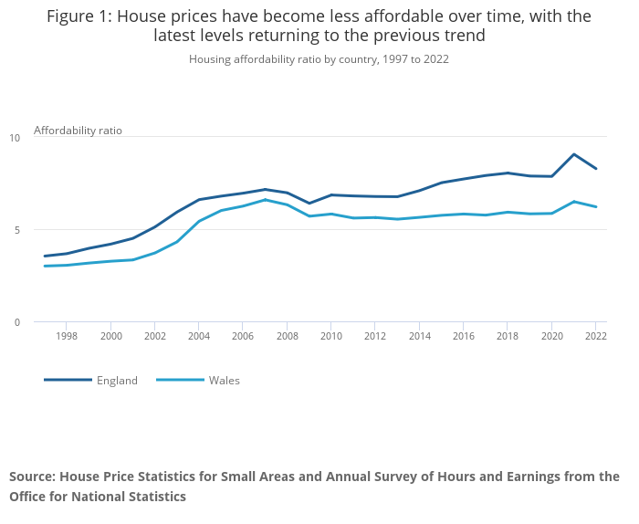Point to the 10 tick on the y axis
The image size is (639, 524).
pos(15,138)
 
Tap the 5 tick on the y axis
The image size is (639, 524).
pos(15,230)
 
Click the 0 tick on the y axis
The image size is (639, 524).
pos(15,322)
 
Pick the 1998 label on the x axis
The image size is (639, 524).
pos(67,337)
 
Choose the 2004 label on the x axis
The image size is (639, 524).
pos(198,337)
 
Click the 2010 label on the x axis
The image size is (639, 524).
pos(330,337)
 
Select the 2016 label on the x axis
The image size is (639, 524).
pos(463,337)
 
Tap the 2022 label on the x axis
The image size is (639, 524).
pos(595,337)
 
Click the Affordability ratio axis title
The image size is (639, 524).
pos(78,131)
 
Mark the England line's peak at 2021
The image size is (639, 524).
pos(573,154)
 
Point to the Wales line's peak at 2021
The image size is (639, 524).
pos(573,202)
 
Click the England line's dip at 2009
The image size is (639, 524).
pos(309,204)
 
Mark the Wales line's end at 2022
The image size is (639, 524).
pos(595,207)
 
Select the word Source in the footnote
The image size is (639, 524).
pos(33,477)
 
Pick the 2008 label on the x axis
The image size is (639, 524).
pos(287,337)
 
